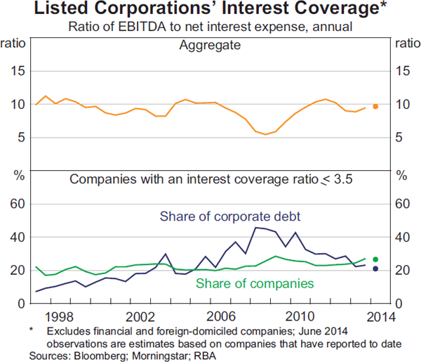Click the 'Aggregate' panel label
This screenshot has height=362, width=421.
[210, 46]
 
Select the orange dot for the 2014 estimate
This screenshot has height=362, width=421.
[375, 106]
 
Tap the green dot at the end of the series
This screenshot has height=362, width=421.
[375, 259]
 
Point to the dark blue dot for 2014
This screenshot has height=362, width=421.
[375, 269]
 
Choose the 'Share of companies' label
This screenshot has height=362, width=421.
[254, 284]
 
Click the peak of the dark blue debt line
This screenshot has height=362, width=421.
[257, 227]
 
